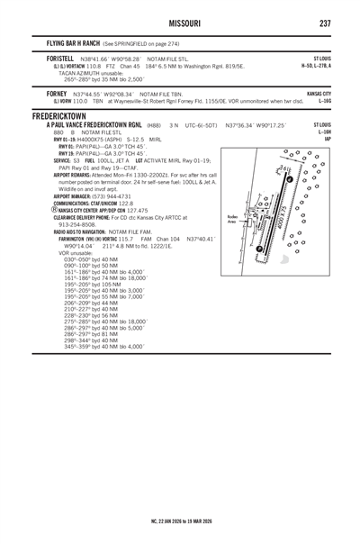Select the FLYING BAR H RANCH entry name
[x=70, y=42]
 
